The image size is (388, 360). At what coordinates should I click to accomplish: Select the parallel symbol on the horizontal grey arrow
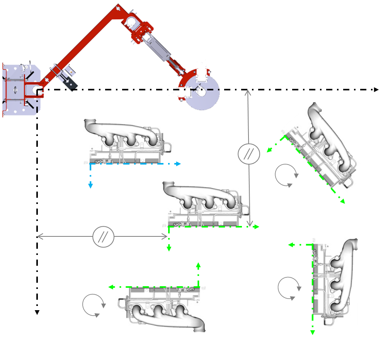[104, 237]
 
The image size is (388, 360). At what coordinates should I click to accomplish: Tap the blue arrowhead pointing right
[179, 164]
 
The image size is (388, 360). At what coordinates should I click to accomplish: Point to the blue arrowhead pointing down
[90, 186]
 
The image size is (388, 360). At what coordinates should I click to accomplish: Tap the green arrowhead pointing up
[198, 265]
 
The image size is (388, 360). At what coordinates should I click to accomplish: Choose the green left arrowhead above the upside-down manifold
[111, 287]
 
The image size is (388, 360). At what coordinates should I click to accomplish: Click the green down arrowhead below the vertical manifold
[313, 333]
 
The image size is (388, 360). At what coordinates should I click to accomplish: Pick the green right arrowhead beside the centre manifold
[257, 227]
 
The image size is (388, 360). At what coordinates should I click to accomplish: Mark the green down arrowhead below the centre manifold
[168, 249]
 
